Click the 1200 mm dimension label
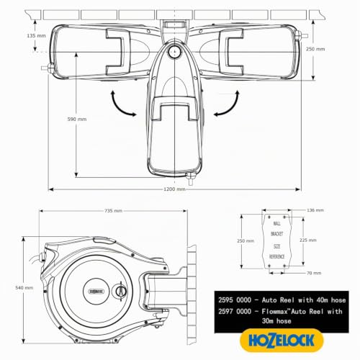pyautogui.click(x=174, y=189)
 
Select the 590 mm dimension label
pyautogui.click(x=77, y=119)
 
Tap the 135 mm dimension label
pyautogui.click(x=36, y=35)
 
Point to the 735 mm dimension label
pyautogui.click(x=113, y=211)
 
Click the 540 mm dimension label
pyautogui.click(x=24, y=287)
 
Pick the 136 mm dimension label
pyautogui.click(x=315, y=210)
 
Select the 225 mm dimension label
pyautogui.click(x=308, y=240)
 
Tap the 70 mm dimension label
pyautogui.click(x=314, y=273)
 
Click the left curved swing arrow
pyautogui.click(x=119, y=106)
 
